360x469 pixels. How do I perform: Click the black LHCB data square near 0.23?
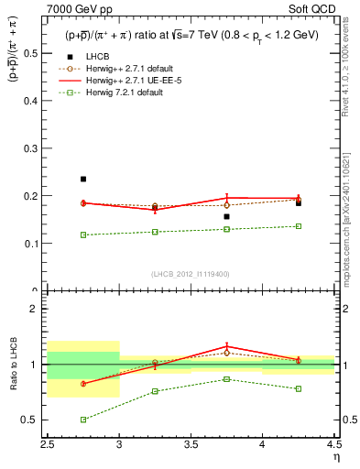(x=83, y=180)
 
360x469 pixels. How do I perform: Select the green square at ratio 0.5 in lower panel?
(x=83, y=420)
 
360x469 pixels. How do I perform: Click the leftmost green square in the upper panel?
(x=83, y=234)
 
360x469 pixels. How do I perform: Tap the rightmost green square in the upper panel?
(x=298, y=226)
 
